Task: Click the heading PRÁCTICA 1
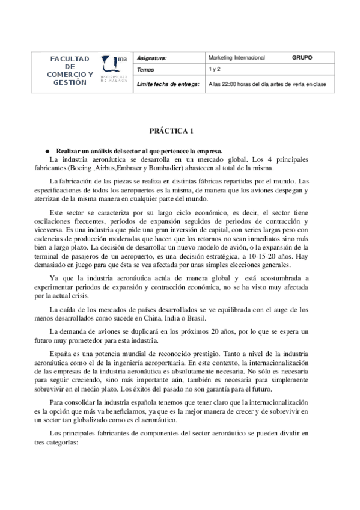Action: click(171, 131)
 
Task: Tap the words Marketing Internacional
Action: click(236, 58)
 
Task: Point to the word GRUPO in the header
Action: click(302, 58)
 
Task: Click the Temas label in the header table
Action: click(146, 70)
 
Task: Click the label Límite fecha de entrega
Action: click(168, 85)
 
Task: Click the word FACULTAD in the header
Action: click(70, 59)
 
